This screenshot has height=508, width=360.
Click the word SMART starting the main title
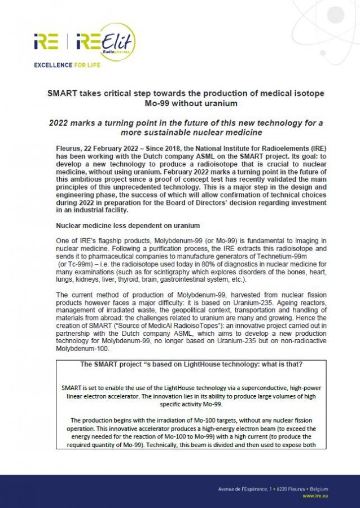[x=62, y=93]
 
